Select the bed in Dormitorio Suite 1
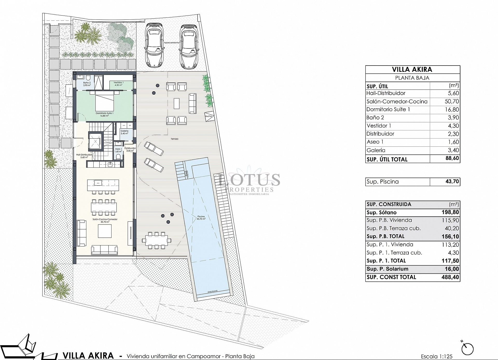pyautogui.click(x=105, y=101)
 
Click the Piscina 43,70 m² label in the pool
pyautogui.click(x=201, y=217)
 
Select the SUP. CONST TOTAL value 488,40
pyautogui.click(x=450, y=277)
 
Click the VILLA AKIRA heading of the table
pyautogui.click(x=412, y=69)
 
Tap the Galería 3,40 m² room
pyautogui.click(x=125, y=132)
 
